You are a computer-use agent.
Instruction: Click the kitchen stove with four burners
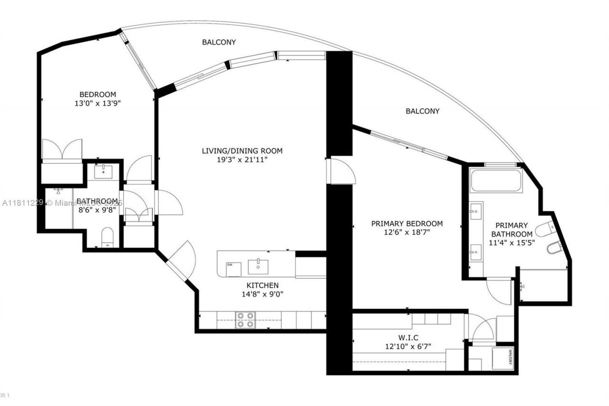pyautogui.click(x=245, y=320)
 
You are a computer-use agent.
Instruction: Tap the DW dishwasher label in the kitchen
pyautogui.click(x=229, y=265)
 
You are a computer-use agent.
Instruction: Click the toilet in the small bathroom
pyautogui.click(x=108, y=238)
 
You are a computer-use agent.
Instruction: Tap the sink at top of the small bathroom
pyautogui.click(x=103, y=172)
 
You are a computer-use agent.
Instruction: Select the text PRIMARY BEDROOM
pyautogui.click(x=407, y=223)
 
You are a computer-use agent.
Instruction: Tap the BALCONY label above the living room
pyautogui.click(x=219, y=42)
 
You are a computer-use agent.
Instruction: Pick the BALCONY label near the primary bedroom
pyautogui.click(x=422, y=111)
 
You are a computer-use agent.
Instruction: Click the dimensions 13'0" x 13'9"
pyautogui.click(x=97, y=103)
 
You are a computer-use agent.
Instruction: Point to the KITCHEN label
pyautogui.click(x=262, y=285)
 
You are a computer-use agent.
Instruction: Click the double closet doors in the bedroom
pyautogui.click(x=62, y=150)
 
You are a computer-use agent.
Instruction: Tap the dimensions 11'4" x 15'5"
pyautogui.click(x=511, y=242)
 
